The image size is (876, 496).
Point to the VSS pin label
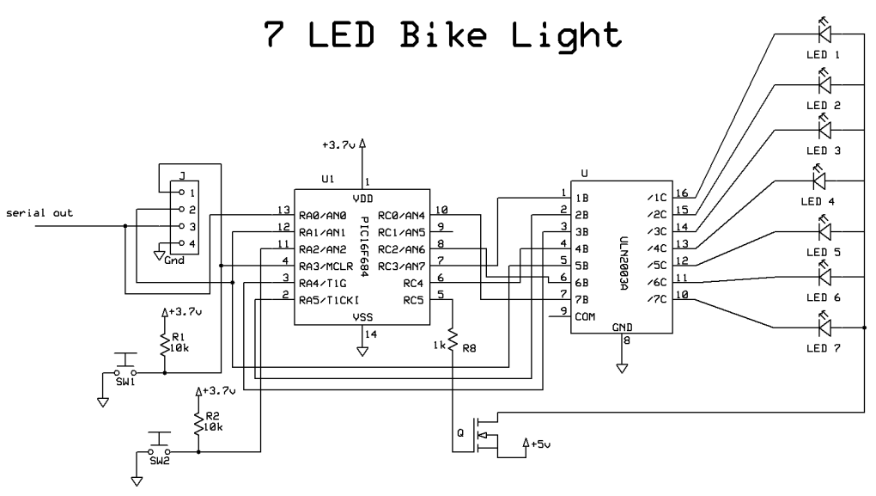coord(362,316)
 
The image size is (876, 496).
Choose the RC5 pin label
coord(414,300)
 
